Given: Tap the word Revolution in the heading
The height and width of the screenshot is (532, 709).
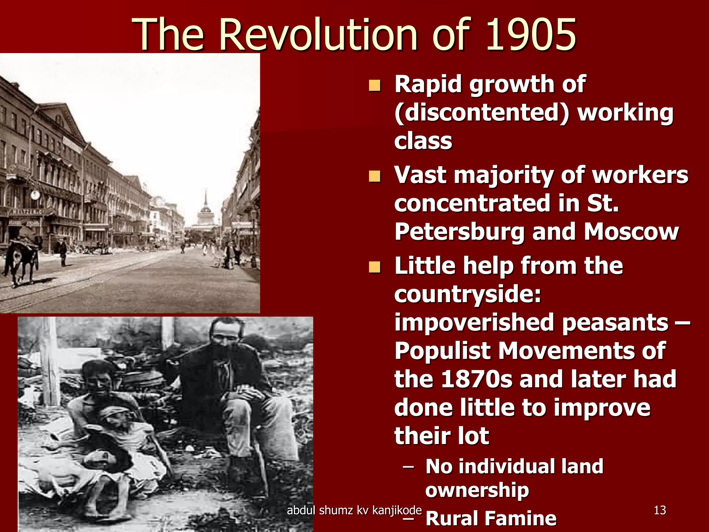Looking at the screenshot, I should click(319, 35).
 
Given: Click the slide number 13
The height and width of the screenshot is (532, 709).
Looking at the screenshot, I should click(660, 510).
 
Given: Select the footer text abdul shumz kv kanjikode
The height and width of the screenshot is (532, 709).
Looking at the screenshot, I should click(354, 510).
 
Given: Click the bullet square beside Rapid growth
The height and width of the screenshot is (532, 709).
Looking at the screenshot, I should click(374, 85).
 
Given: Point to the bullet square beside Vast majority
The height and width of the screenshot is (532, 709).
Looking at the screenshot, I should click(374, 176).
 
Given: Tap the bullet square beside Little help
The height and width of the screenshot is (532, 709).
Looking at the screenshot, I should click(374, 267).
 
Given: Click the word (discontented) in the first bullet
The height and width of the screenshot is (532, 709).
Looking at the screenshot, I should click(482, 113).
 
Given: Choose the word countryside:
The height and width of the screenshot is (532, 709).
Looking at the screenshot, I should click(467, 294).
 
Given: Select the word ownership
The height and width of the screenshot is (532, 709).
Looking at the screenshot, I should click(477, 490).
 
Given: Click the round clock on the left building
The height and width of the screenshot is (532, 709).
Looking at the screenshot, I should click(35, 195).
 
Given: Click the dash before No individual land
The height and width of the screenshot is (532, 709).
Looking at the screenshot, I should click(409, 467).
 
